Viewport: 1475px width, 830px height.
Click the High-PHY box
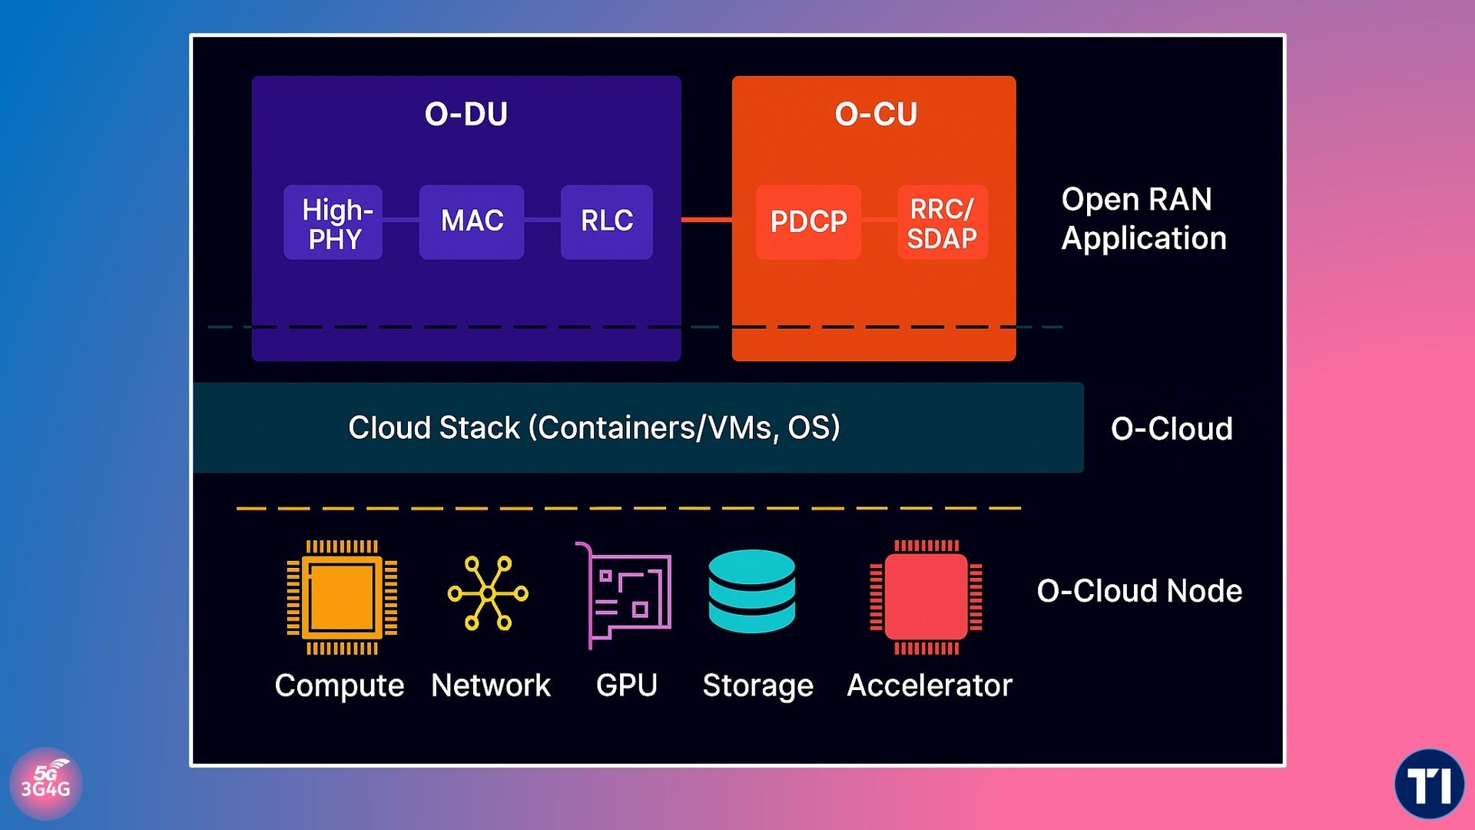click(333, 222)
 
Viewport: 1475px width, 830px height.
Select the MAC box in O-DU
click(472, 221)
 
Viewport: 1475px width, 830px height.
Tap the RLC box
click(607, 221)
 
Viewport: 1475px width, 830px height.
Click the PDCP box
click(808, 221)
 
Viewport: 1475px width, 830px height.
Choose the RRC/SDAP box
click(942, 222)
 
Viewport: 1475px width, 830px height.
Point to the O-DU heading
click(466, 114)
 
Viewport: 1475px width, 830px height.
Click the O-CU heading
click(876, 114)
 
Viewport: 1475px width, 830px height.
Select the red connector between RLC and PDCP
click(706, 220)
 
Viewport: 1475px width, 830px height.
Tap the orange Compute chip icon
click(342, 597)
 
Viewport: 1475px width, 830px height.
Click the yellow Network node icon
click(488, 593)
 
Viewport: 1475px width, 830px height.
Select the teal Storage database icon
click(752, 591)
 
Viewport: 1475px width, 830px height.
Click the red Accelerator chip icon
click(926, 597)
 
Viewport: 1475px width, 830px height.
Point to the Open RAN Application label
click(1143, 219)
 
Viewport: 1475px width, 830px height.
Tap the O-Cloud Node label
click(1139, 591)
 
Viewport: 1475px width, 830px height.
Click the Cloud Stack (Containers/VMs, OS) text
click(594, 427)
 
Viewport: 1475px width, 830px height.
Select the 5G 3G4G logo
click(46, 783)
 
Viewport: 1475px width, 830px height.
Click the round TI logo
click(1429, 784)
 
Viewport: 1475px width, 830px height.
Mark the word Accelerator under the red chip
click(930, 685)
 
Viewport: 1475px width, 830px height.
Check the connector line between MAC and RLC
click(542, 220)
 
